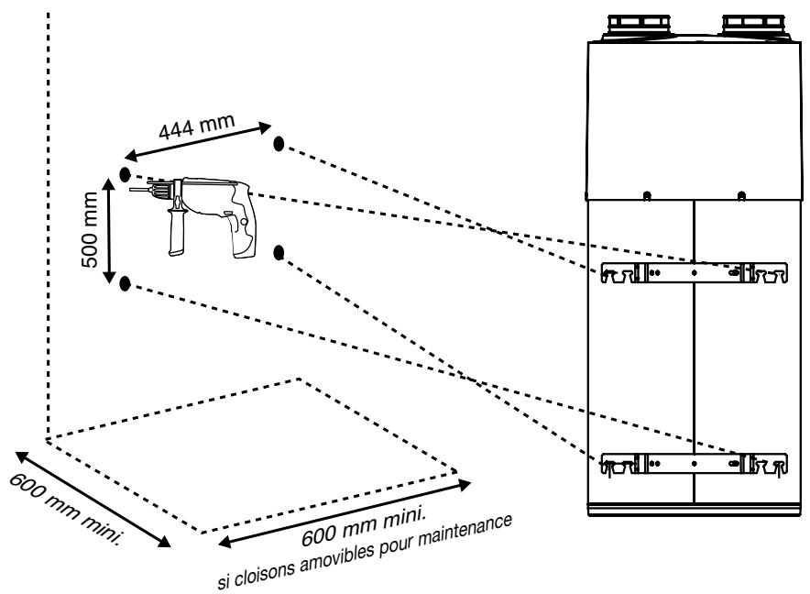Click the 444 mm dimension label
[197, 126]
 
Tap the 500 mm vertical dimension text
[90, 229]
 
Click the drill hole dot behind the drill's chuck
[125, 175]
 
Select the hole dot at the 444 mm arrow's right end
[279, 144]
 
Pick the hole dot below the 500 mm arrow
[125, 283]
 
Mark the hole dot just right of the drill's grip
[279, 253]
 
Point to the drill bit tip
[130, 191]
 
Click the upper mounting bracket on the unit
[694, 272]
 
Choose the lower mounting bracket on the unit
[694, 464]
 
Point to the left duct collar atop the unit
[640, 26]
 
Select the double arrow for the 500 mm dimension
[108, 231]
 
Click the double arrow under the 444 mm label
[198, 141]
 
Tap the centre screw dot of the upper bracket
[694, 272]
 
